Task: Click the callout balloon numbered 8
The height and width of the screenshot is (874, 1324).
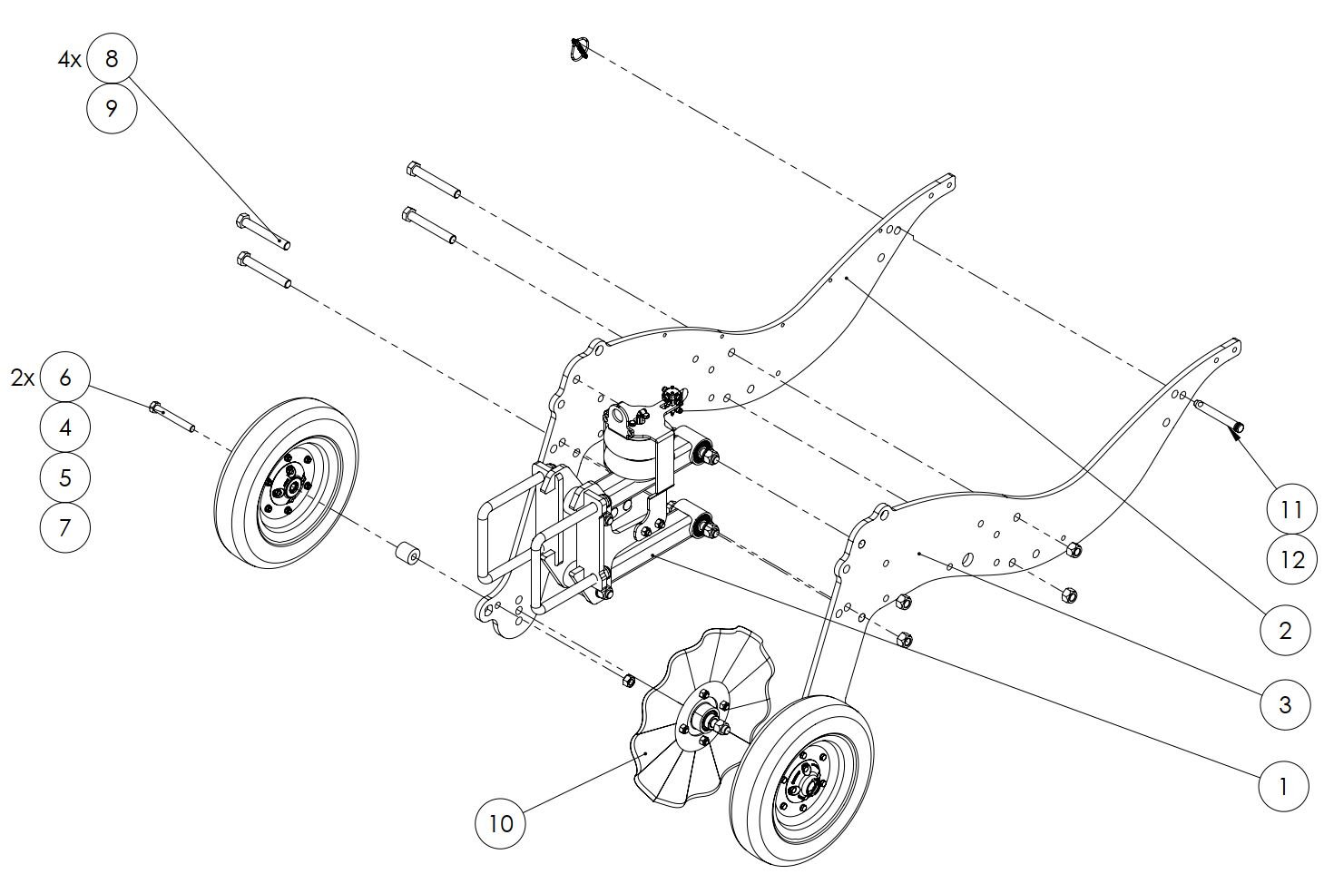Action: point(112,59)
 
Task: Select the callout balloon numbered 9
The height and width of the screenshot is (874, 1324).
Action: point(112,108)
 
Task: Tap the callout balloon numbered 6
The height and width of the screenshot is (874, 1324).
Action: point(65,378)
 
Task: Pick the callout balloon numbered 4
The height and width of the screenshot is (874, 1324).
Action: point(65,427)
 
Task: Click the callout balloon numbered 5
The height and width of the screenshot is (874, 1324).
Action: point(65,477)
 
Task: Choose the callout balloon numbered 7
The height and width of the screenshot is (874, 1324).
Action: point(65,527)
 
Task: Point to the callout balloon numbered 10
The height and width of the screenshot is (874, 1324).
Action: point(501,823)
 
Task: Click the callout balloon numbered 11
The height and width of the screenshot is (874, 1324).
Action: point(1292,510)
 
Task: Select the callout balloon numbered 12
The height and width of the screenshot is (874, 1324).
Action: point(1292,559)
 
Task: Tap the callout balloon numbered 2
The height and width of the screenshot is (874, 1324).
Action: point(1286,631)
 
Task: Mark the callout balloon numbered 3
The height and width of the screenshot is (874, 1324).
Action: point(1286,705)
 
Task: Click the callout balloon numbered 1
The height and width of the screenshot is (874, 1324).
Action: point(1284,787)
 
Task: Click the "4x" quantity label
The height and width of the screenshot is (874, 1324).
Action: point(69,60)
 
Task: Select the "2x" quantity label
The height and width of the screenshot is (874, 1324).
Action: point(23,378)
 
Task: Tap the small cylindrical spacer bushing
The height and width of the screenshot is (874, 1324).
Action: point(407,553)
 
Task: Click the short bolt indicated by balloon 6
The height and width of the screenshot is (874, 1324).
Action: point(172,416)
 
